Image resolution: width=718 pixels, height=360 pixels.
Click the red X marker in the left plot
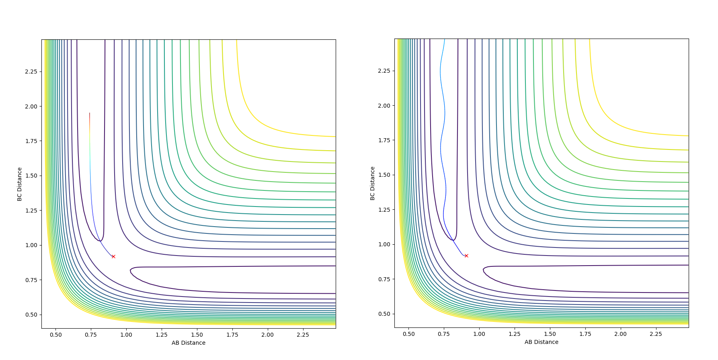(x=113, y=256)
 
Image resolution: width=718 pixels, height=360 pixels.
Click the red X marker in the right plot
(x=466, y=256)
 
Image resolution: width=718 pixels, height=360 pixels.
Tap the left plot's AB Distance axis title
(x=189, y=343)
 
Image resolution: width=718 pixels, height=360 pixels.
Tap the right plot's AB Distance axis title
(x=542, y=342)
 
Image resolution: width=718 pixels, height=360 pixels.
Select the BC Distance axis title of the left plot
(x=19, y=184)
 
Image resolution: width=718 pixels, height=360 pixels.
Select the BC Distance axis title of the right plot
(x=372, y=183)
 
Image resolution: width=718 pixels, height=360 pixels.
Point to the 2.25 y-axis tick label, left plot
(x=31, y=72)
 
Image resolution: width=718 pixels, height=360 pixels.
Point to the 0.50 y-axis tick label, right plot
(x=384, y=314)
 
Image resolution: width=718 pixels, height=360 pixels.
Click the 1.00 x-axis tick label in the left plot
(x=126, y=335)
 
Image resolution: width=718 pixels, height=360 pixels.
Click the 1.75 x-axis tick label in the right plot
(x=585, y=334)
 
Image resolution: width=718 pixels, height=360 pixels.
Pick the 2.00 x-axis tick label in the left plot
(x=268, y=335)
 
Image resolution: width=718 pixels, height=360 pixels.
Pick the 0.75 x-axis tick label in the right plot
(x=444, y=334)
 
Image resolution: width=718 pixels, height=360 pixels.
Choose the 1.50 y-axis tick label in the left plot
(x=31, y=176)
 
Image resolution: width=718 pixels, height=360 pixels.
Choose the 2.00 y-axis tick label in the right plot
(x=384, y=106)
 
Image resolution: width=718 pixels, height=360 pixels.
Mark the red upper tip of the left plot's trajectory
(x=90, y=113)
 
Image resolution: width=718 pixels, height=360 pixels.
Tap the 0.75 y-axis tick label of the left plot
(x=31, y=280)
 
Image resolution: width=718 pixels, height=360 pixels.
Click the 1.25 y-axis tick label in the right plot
(x=384, y=210)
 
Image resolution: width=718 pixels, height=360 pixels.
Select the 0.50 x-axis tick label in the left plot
(x=56, y=335)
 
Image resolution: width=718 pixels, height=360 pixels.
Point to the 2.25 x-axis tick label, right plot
(x=656, y=334)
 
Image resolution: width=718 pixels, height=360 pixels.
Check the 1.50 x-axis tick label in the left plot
(x=197, y=335)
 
